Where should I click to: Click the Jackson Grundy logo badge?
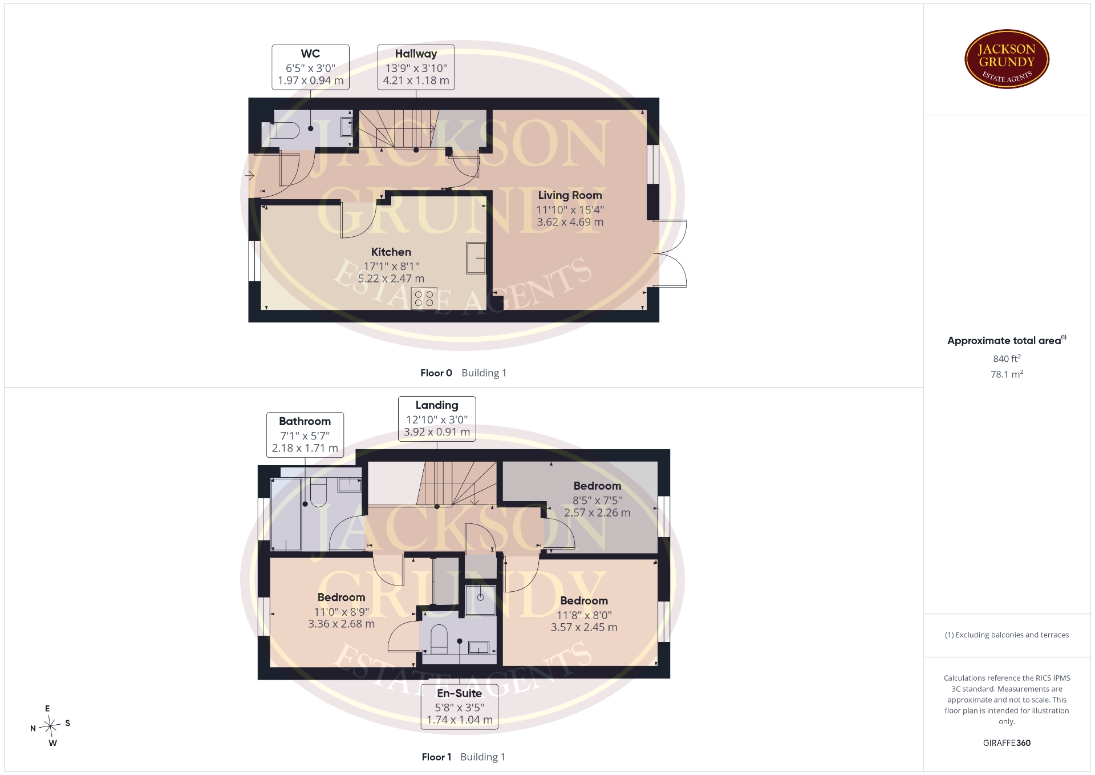1007,59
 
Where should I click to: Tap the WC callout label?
310,67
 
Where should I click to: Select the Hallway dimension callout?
416,67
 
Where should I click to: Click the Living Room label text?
570,195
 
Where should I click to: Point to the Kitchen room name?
391,252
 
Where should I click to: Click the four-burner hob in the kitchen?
424,298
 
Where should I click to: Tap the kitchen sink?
476,258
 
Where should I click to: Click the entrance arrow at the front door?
249,176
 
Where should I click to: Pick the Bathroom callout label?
305,435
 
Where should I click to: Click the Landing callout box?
437,419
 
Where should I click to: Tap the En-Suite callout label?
460,707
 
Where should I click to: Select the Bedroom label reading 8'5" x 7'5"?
597,499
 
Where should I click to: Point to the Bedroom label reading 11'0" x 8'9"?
341,611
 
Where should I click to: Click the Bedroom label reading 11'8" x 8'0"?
584,614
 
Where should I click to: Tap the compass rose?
51,726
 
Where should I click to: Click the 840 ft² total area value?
1007,358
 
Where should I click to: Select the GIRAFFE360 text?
1007,743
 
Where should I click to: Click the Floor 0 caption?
436,373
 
